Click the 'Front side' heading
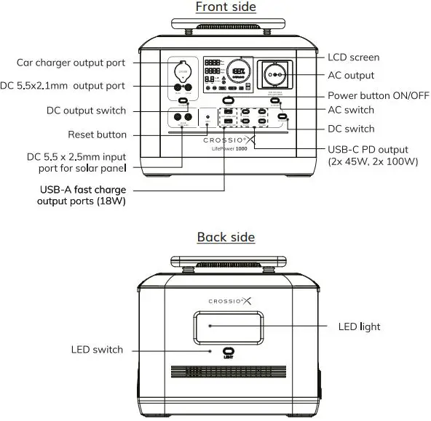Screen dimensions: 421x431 [226, 7]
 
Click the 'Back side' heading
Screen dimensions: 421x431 [226, 238]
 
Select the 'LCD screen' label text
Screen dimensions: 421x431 [353, 57]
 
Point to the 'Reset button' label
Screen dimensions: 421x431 [97, 135]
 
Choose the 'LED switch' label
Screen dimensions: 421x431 [97, 350]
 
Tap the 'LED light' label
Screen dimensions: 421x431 [360, 326]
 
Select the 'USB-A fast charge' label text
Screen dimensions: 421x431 [82, 190]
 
